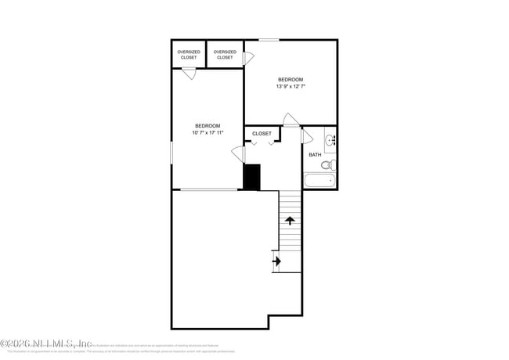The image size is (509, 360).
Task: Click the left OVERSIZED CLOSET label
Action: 188,55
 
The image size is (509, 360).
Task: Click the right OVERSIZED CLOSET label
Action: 225,55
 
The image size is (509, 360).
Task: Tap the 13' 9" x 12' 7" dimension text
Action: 291,86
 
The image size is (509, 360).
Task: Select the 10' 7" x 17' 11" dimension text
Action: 208,132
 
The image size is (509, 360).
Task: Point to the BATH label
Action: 315,154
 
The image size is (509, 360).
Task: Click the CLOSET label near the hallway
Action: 262,134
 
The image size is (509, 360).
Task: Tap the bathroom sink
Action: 330,141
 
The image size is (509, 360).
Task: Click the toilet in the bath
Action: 330,164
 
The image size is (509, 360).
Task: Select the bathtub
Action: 319,181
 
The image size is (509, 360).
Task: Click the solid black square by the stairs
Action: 251,177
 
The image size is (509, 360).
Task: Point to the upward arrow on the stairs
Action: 290,221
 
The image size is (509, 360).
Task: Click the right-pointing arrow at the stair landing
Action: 276,261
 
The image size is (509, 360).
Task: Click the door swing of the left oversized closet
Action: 189,74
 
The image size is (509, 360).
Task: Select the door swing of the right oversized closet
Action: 249,58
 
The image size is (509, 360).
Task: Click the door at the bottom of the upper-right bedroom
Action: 291,120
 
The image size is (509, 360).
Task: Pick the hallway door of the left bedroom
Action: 238,154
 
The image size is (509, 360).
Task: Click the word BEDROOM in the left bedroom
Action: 208,125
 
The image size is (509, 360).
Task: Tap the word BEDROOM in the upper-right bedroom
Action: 291,79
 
